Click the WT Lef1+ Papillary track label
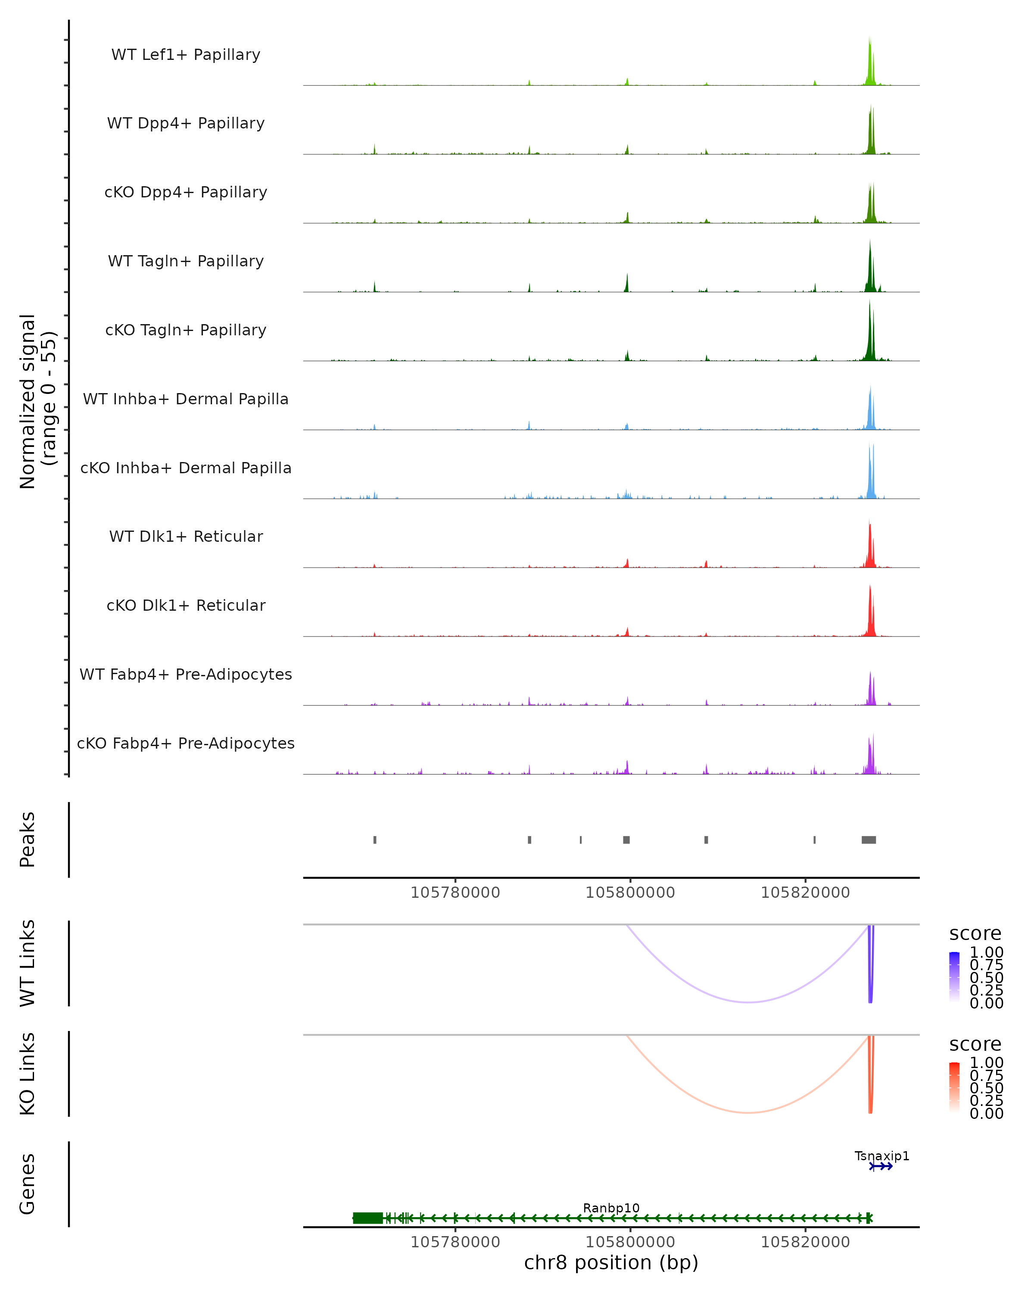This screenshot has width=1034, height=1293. (186, 55)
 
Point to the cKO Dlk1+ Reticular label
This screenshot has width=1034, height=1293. (186, 605)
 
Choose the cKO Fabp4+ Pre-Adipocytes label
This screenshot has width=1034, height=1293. (186, 743)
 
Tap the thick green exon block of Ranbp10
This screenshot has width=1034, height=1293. (368, 1218)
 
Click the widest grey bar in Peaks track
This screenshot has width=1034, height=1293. (869, 840)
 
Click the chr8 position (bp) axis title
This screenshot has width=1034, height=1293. (611, 1262)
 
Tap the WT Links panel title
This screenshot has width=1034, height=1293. (28, 963)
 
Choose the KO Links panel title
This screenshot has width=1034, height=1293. (28, 1074)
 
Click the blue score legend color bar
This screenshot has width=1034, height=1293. (954, 978)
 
